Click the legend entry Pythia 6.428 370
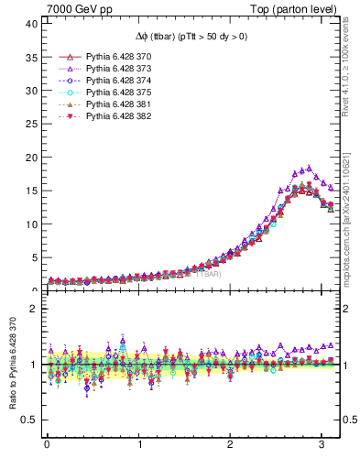116,57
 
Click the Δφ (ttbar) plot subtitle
183,37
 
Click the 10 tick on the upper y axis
29,224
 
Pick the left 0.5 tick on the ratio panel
27,420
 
